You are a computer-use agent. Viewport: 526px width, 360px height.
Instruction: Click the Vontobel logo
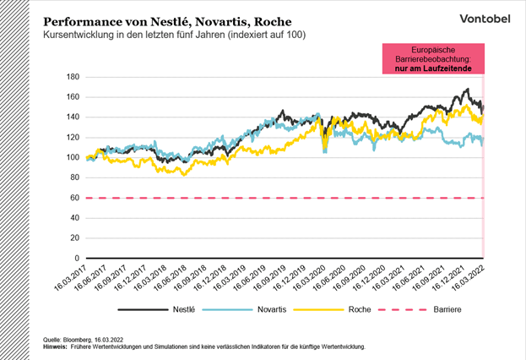[x=484, y=18]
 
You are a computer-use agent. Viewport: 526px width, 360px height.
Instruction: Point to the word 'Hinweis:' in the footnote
[x=57, y=346]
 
